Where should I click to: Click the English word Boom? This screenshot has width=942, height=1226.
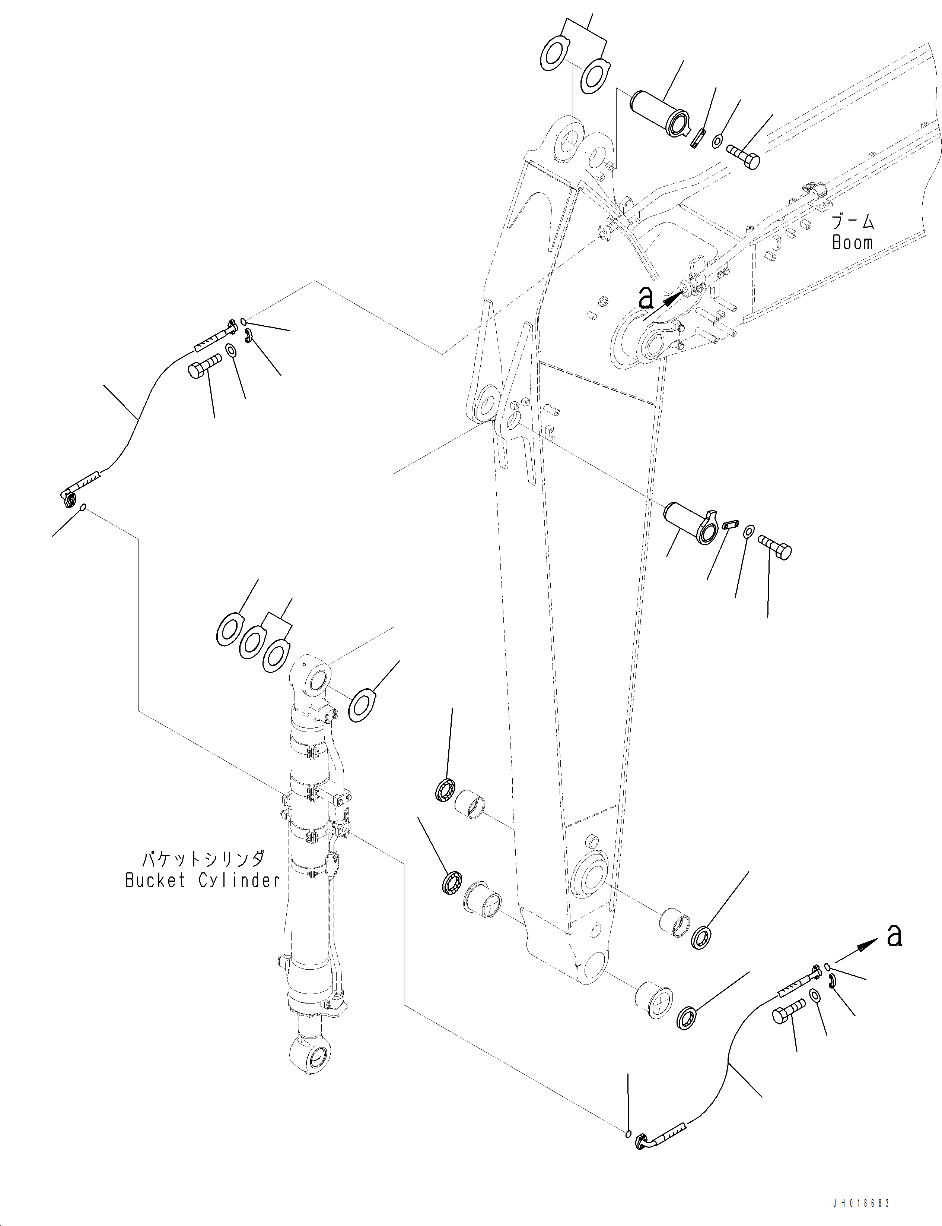click(852, 243)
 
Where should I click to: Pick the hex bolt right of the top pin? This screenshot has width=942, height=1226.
click(744, 155)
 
